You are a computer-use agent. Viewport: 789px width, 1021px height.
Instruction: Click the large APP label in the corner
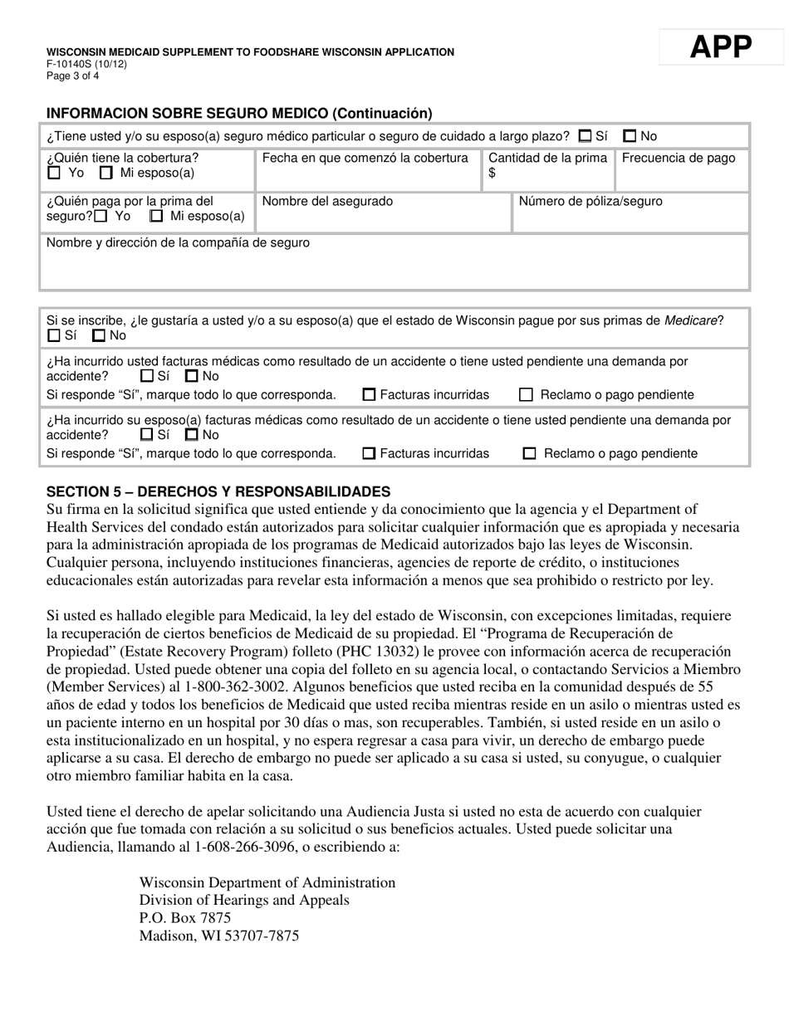[x=720, y=47]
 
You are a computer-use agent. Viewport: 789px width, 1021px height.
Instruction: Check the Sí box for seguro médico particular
[x=586, y=136]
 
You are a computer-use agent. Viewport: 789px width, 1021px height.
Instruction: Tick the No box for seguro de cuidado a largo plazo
[x=630, y=136]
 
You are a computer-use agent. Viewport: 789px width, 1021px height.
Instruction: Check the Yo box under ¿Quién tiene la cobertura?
[x=55, y=173]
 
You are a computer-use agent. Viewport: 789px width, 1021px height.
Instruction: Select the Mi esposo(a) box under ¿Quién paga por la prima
[x=156, y=217]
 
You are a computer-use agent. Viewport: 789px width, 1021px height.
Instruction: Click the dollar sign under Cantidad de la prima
[x=492, y=173]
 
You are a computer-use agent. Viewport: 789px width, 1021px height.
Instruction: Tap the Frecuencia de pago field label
[x=679, y=159]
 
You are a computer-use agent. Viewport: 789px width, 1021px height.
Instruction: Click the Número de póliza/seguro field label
[x=590, y=201]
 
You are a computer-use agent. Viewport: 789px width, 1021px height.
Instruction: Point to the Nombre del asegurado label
[x=327, y=201]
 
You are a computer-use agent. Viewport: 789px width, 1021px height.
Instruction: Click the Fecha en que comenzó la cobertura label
[x=365, y=159]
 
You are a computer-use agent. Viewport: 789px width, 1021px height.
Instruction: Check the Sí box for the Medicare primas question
[x=55, y=336]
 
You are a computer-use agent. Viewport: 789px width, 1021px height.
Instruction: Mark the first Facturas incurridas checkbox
[x=370, y=395]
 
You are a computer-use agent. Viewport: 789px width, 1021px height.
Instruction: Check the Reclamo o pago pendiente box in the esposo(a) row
[x=529, y=454]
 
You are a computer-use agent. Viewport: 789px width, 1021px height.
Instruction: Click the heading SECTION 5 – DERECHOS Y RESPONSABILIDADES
[x=218, y=491]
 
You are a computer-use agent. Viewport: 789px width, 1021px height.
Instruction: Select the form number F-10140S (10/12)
[x=86, y=64]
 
